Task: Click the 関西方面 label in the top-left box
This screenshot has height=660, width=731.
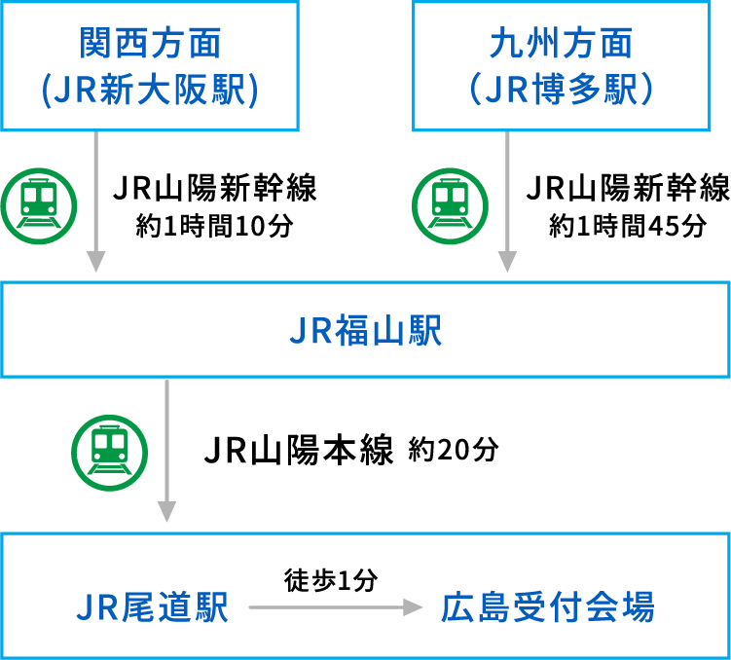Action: click(150, 43)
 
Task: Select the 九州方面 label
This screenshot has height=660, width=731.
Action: click(563, 43)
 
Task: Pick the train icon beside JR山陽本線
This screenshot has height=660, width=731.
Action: click(110, 451)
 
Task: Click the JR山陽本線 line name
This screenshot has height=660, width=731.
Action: click(298, 451)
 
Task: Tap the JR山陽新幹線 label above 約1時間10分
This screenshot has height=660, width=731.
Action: click(215, 188)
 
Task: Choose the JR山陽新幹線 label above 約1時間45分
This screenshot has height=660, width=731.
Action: click(627, 188)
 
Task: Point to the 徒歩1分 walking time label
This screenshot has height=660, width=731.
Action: click(331, 580)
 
